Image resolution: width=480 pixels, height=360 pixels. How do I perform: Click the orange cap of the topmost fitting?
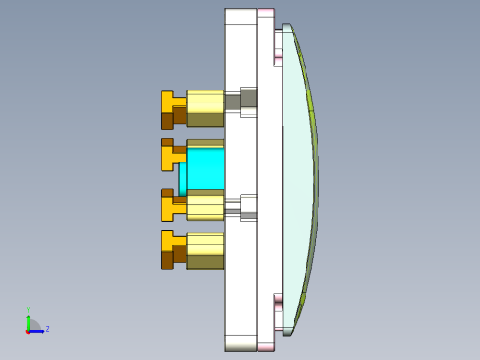click(172, 109)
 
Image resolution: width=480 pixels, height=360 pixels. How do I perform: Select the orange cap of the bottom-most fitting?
click(172, 249)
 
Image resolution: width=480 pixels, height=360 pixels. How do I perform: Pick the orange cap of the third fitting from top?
click(172, 204)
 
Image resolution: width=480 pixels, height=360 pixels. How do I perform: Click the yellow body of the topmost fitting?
click(205, 108)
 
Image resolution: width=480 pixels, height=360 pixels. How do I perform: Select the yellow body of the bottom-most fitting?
click(205, 250)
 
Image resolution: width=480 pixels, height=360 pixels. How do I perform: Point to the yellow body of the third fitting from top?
click(205, 205)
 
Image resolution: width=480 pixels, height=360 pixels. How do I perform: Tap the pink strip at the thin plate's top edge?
click(266, 11)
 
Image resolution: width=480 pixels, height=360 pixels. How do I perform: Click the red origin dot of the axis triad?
click(28, 330)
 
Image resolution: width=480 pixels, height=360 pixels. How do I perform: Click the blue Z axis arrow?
click(38, 330)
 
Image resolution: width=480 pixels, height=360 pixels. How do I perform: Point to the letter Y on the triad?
click(28, 310)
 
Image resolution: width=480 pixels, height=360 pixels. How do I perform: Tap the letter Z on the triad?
click(47, 329)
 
